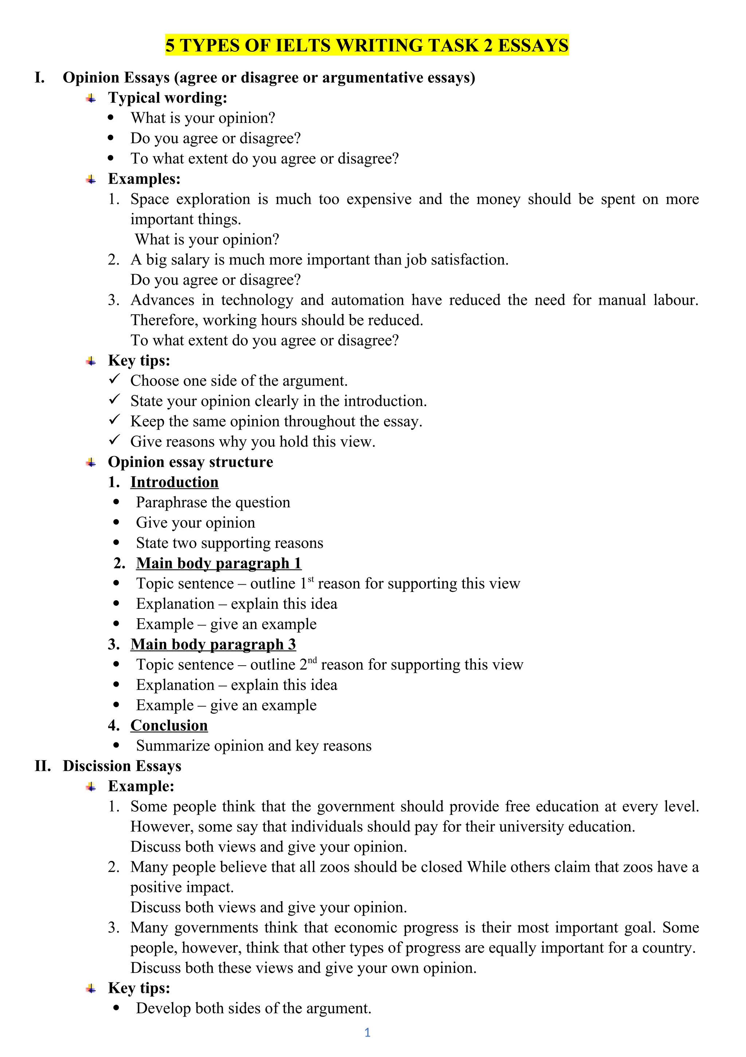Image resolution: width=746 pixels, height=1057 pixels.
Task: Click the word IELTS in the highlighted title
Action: [303, 46]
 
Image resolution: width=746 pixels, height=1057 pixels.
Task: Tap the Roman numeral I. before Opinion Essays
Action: [40, 77]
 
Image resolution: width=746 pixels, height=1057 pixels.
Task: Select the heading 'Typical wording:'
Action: [168, 98]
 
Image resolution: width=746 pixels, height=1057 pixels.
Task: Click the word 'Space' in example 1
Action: [150, 199]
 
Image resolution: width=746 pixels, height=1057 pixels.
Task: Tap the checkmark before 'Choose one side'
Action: [114, 379]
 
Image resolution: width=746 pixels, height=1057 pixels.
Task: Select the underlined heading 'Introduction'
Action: [174, 482]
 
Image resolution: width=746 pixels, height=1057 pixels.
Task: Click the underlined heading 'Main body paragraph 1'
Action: [219, 563]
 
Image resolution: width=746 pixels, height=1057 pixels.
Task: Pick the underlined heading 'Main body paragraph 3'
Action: [213, 644]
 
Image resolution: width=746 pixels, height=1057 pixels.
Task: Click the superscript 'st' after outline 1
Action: [311, 579]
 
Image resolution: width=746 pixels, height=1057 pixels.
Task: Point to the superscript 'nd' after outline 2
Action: [313, 660]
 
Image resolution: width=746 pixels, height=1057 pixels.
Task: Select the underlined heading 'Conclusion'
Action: [169, 725]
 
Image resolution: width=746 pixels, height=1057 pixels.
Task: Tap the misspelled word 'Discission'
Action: [93, 765]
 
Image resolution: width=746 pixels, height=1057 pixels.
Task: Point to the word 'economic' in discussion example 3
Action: [366, 928]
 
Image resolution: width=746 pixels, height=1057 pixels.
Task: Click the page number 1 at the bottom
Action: [367, 1032]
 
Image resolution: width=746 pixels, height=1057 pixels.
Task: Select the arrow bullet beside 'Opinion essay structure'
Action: [91, 462]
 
